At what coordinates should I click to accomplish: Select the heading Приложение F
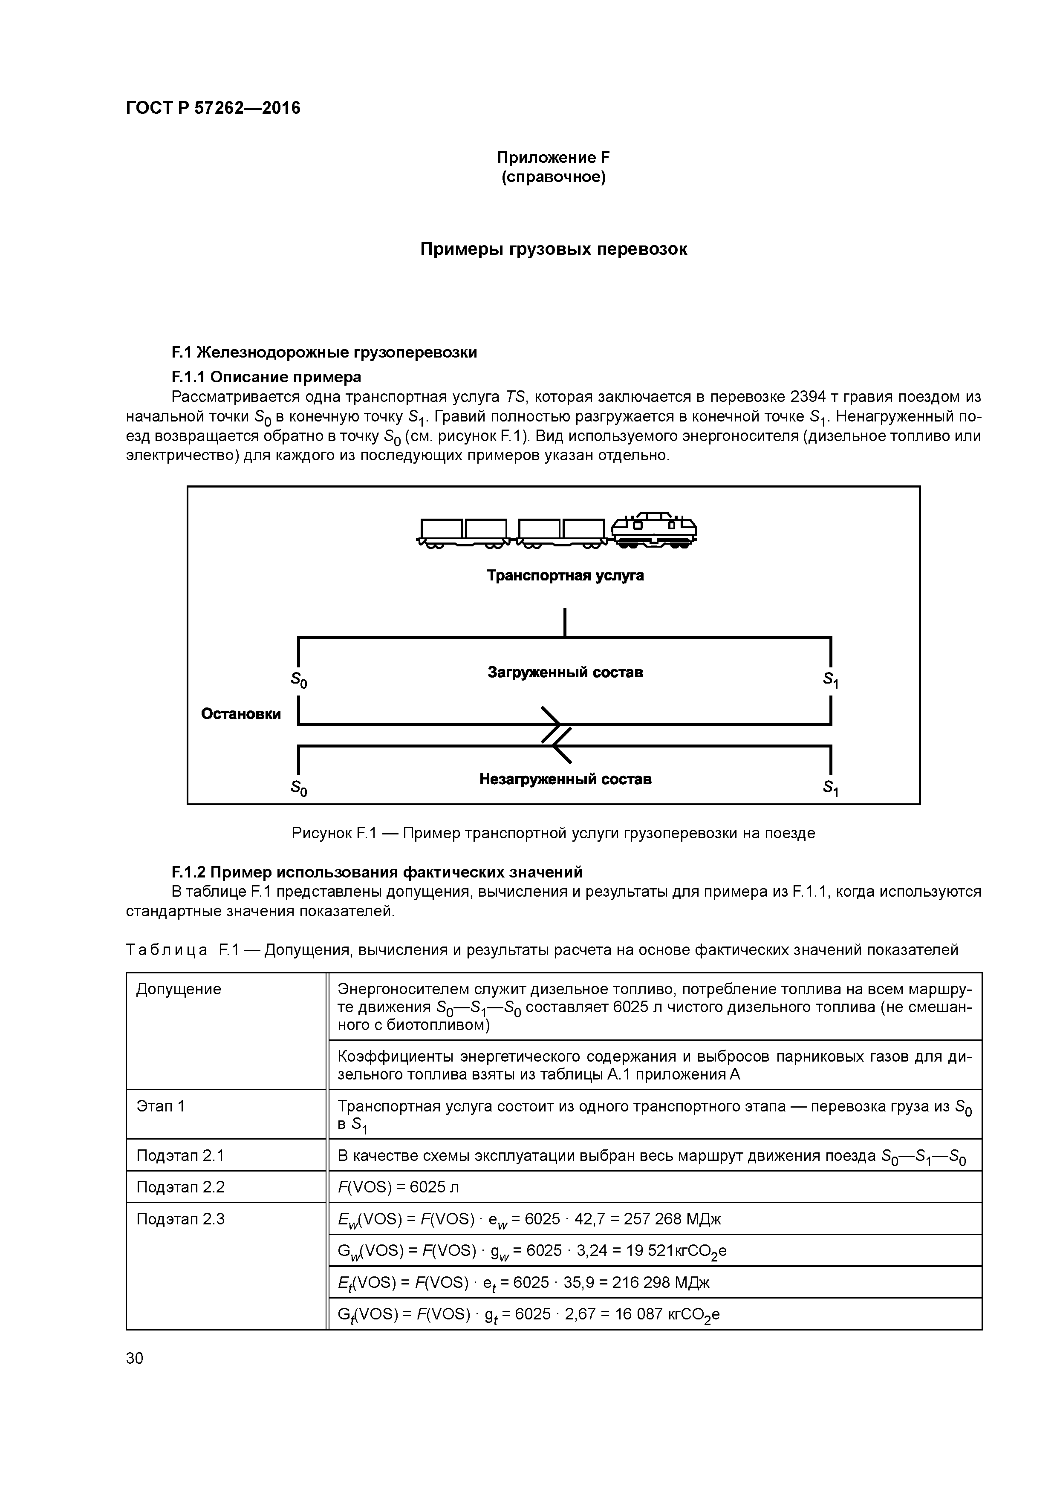coord(553,158)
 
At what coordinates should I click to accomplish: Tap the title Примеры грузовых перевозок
coord(553,249)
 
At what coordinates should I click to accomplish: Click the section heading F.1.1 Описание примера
coord(266,377)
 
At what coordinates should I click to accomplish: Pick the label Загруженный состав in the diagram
coord(565,672)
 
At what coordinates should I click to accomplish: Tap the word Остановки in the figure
coord(241,714)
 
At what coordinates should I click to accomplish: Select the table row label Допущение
coord(179,989)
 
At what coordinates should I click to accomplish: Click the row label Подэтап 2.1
coord(180,1156)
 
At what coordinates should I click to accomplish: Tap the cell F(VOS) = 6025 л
coord(399,1187)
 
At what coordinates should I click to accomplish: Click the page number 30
coord(135,1358)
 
